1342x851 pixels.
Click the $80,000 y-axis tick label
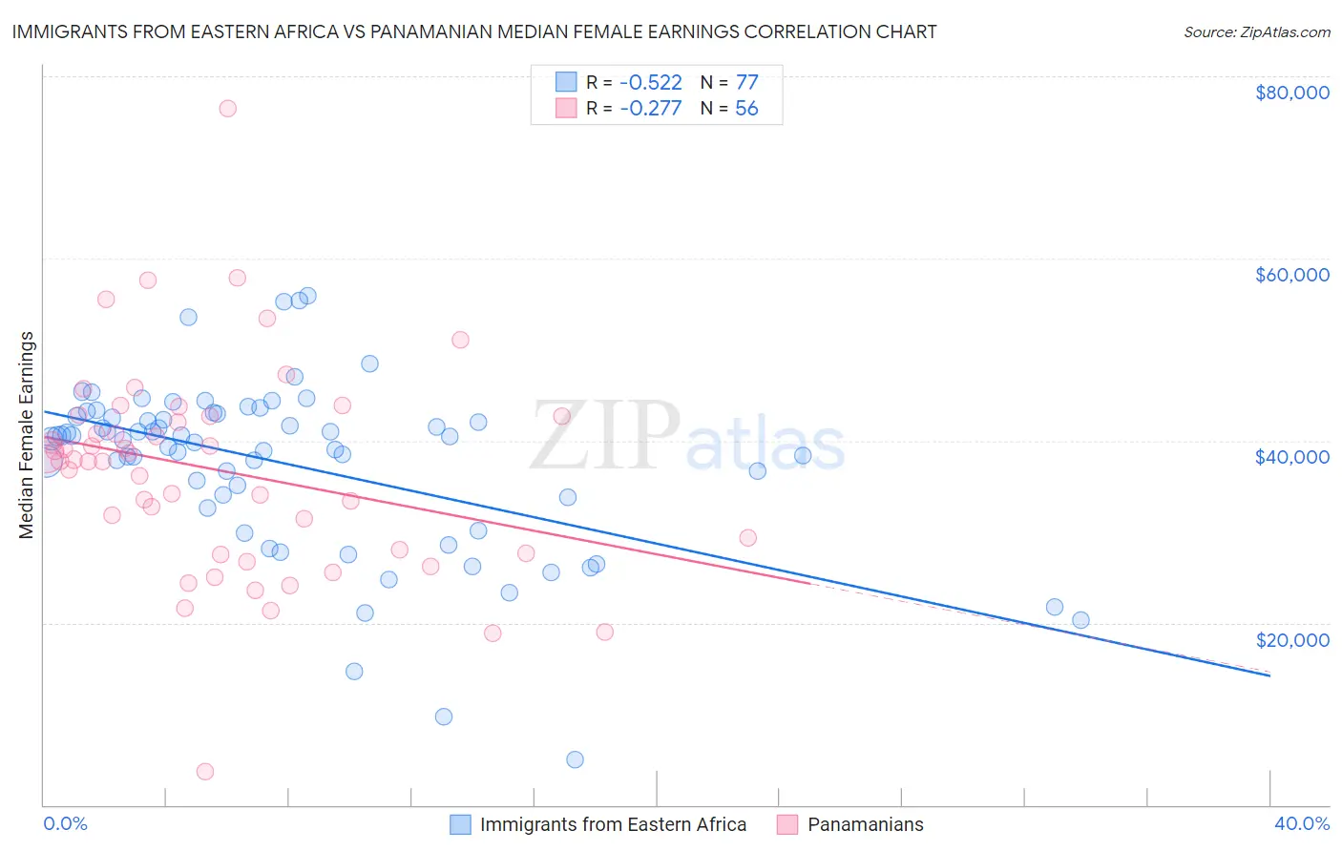[1291, 93]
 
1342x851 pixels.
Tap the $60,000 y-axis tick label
[1291, 275]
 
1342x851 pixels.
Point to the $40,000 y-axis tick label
[1291, 457]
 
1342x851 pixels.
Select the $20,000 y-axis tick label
[1291, 639]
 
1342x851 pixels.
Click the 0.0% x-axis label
[65, 823]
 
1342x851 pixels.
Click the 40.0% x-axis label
[1301, 823]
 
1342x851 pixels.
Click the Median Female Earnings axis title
[27, 435]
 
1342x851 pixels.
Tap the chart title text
[474, 31]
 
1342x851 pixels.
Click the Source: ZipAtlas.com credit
[1256, 31]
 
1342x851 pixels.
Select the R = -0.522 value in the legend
[635, 82]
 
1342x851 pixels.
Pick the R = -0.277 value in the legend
[635, 109]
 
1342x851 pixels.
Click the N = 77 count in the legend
[729, 82]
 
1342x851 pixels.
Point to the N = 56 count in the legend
[729, 109]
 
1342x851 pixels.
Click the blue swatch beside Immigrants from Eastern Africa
[460, 824]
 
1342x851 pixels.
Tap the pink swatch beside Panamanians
[787, 824]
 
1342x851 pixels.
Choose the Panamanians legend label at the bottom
[865, 824]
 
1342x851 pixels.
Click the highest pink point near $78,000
[227, 108]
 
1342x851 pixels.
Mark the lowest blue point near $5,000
[575, 759]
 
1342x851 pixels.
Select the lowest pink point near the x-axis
[204, 771]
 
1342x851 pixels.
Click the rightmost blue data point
[1080, 620]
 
